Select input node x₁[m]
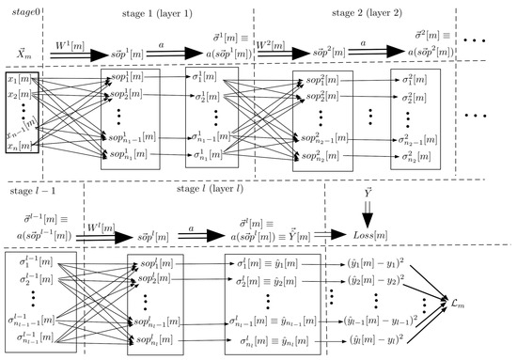coord(19,82)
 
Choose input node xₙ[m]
coord(19,146)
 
